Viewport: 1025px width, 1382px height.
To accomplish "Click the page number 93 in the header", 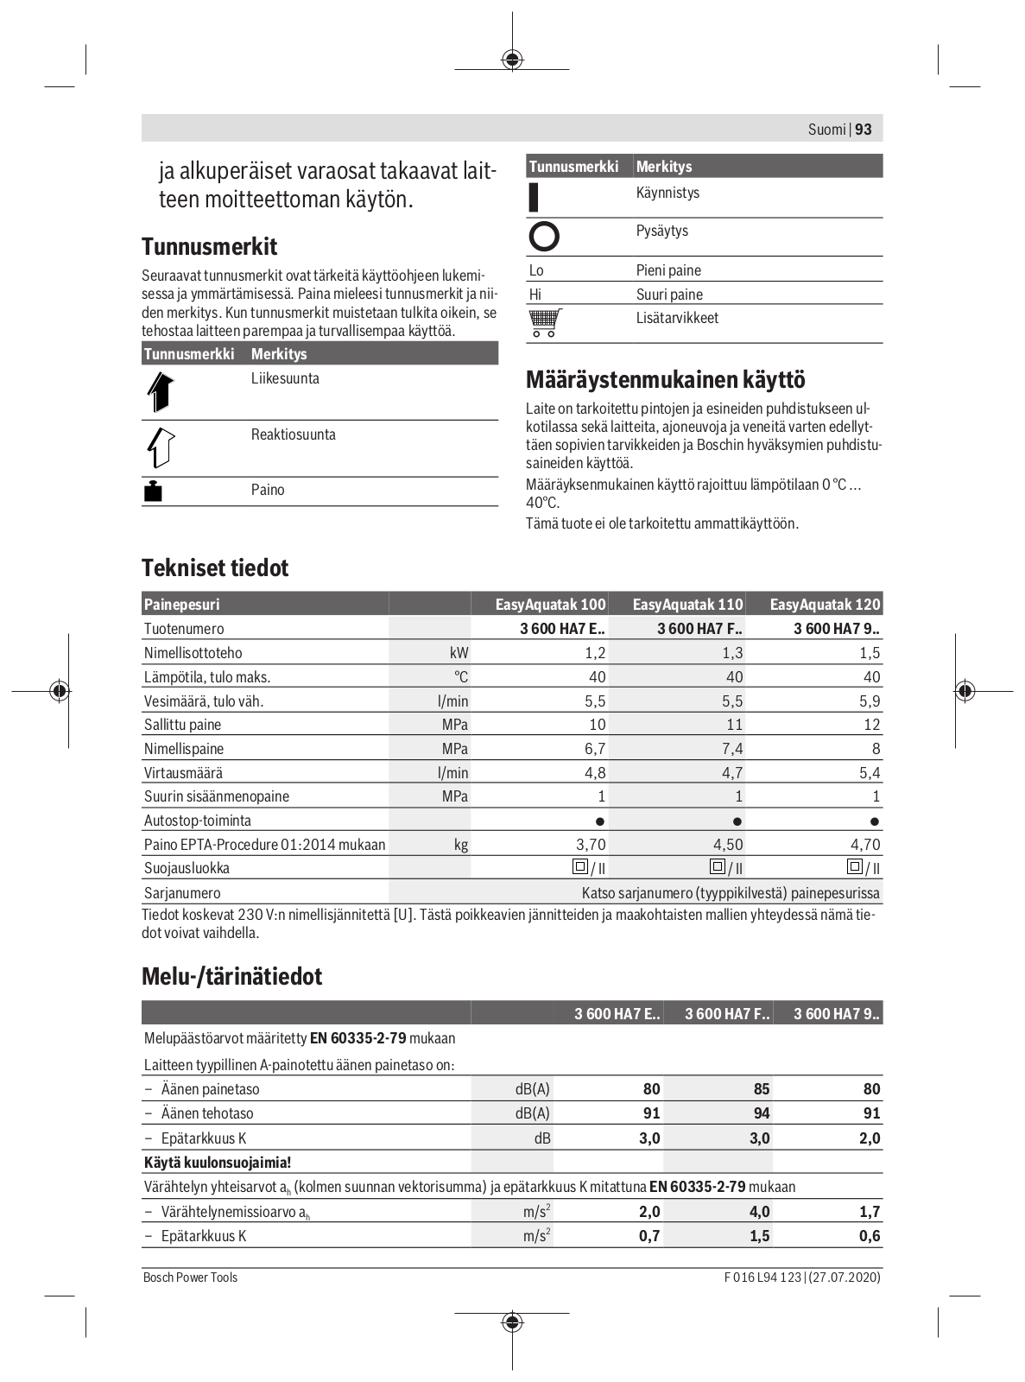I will (x=864, y=130).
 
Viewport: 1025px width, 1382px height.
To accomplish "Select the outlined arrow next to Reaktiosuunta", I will (x=161, y=447).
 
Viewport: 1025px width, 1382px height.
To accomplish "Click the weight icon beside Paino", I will (x=153, y=491).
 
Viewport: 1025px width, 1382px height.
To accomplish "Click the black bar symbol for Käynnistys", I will (x=534, y=197).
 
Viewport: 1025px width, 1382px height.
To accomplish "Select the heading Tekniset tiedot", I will (x=215, y=567).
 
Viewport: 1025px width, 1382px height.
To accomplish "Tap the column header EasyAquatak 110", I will (x=687, y=605).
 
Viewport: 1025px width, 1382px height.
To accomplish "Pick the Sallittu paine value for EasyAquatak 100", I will (x=597, y=725).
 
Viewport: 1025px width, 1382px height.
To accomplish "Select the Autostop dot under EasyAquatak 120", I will (x=874, y=821).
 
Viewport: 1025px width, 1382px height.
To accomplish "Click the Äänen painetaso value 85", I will (x=761, y=1089).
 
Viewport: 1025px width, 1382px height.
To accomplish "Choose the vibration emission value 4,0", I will (x=759, y=1212).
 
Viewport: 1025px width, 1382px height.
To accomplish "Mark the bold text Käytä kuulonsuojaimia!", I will (x=218, y=1163).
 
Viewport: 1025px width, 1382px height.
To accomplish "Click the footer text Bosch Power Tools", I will (x=190, y=1277).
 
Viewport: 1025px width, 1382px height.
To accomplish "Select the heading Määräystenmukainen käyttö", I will (x=665, y=379).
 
